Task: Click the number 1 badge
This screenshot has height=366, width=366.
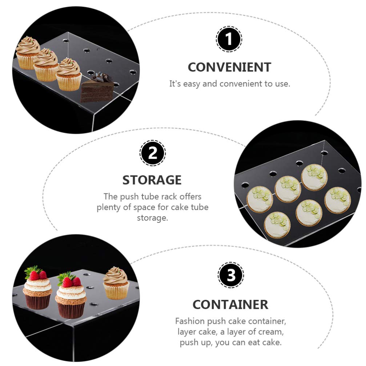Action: (229, 39)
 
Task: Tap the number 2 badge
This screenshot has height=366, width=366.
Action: (153, 153)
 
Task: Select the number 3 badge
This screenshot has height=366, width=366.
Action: (231, 275)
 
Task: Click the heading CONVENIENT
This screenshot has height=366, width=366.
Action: (229, 67)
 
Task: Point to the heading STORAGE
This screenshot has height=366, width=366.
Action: (152, 180)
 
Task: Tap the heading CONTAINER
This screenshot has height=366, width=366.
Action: (230, 305)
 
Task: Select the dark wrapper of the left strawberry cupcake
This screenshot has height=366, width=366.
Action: (37, 301)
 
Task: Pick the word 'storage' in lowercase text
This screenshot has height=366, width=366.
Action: (152, 218)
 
